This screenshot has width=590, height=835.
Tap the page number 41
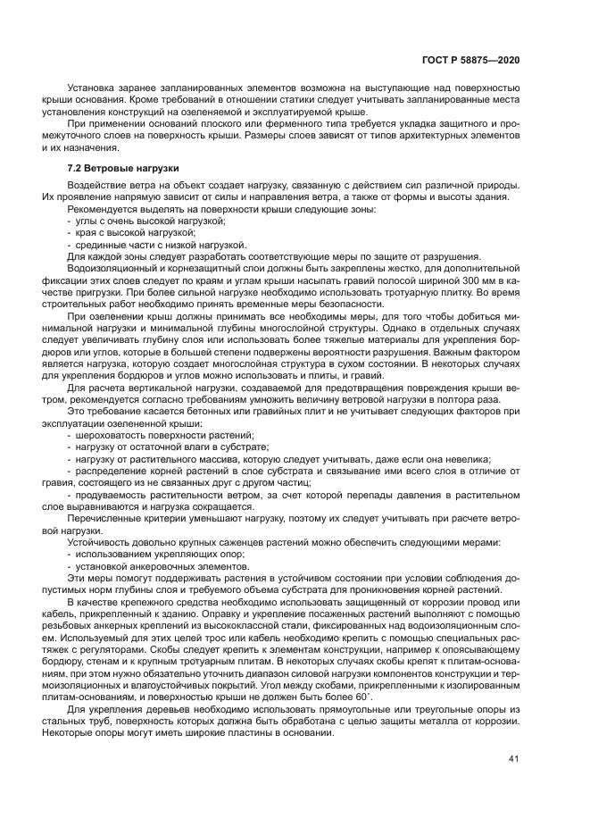[513, 759]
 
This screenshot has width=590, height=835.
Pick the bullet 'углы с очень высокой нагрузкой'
[150, 221]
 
